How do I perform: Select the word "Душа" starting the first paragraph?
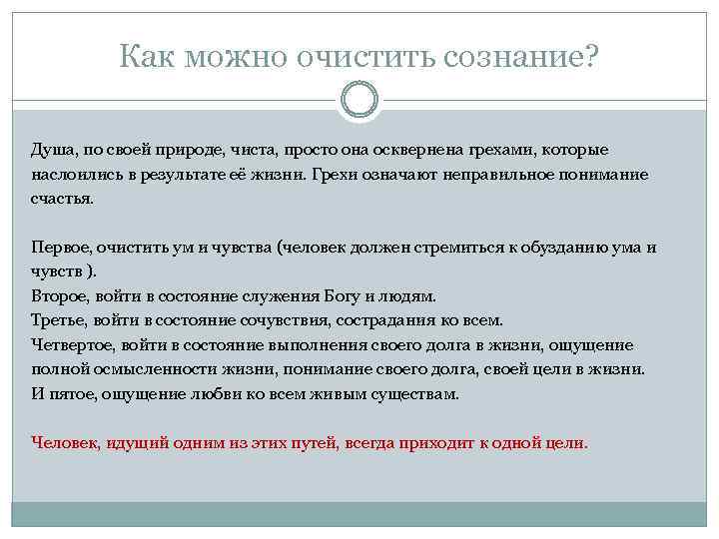tap(51, 150)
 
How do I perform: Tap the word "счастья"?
tap(62, 199)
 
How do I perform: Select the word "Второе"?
tap(59, 296)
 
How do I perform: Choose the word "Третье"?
tap(58, 320)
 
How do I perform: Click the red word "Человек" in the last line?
tap(64, 442)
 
